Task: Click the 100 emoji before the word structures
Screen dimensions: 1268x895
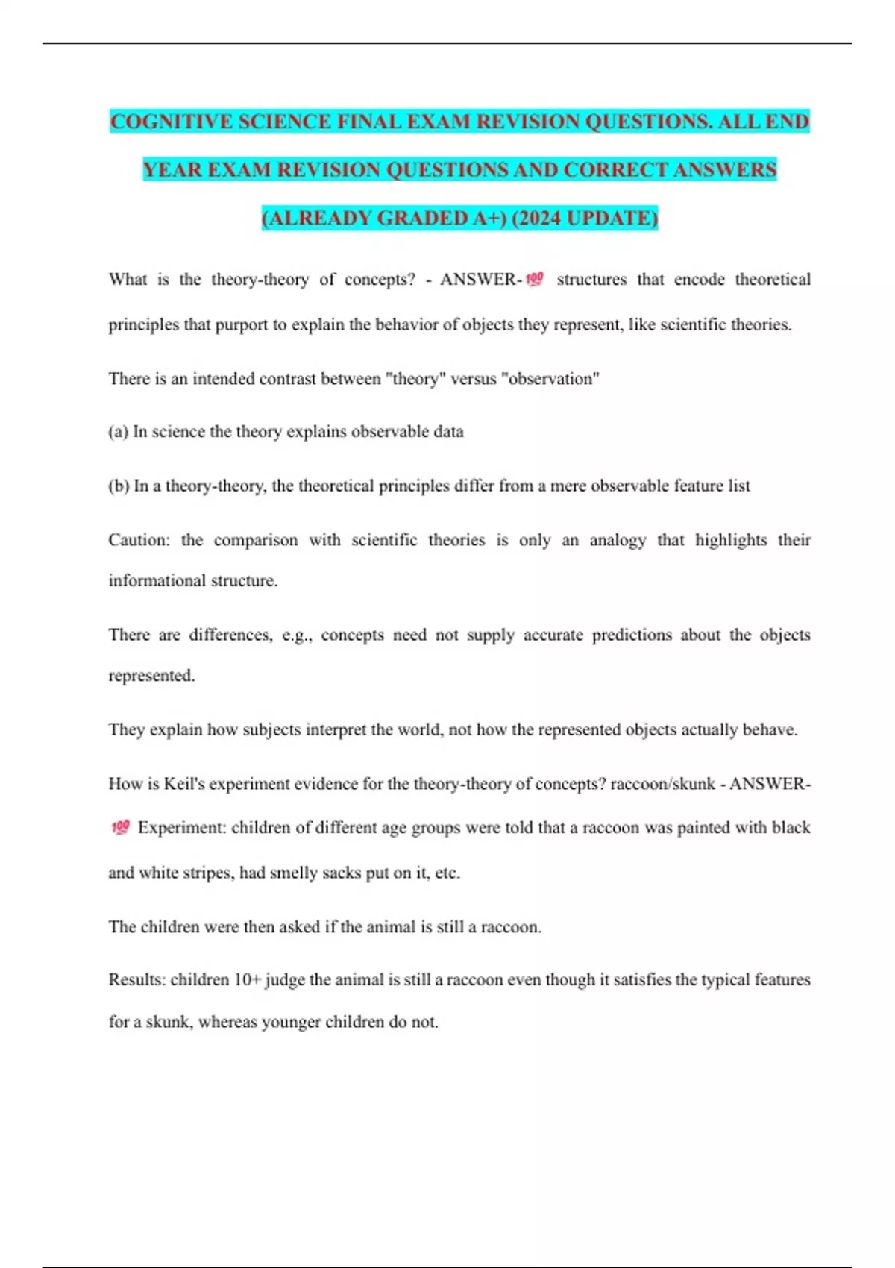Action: point(535,280)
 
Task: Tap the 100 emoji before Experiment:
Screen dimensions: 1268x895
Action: point(120,827)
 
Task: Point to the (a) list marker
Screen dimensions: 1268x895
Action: point(118,432)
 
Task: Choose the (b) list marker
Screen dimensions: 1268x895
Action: point(119,486)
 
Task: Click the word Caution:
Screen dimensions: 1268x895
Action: point(139,540)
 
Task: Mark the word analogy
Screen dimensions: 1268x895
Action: point(618,540)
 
